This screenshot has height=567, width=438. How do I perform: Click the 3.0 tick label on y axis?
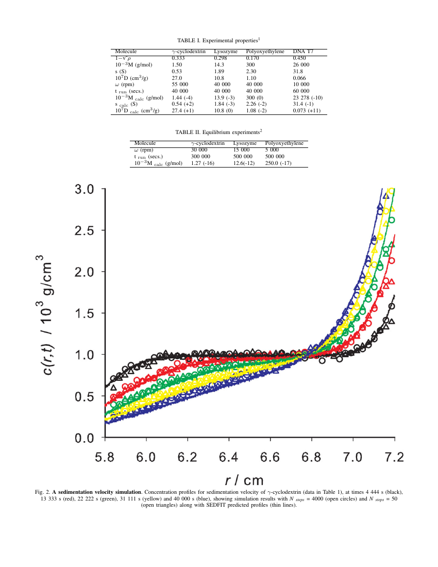point(84,189)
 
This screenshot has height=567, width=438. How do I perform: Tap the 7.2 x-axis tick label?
point(394,457)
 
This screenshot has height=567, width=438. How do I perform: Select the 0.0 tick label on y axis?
point(84,439)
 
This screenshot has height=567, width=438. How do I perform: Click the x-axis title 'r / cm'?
point(244,480)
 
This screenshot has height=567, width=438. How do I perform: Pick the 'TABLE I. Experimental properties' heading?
point(218,40)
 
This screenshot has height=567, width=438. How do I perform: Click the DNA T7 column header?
point(303,52)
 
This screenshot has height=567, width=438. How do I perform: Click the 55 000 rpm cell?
point(182,84)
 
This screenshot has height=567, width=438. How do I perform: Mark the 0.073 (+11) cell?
point(307,110)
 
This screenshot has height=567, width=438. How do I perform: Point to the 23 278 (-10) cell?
point(308,97)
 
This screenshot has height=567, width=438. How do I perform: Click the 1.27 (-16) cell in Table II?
point(203,163)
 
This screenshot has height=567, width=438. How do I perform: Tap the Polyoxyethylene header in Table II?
point(284,143)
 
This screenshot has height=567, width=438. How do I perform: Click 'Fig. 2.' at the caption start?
point(43,492)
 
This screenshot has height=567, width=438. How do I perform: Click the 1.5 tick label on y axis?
point(84,314)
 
